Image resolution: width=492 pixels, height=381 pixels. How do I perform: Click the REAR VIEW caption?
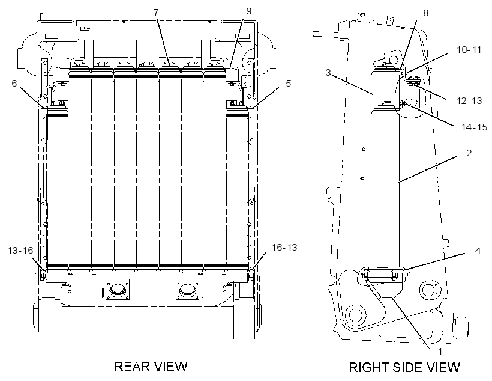pos(151,366)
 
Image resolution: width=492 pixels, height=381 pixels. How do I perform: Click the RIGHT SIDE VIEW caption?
pos(404,367)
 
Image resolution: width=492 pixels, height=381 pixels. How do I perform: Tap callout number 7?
pos(156,12)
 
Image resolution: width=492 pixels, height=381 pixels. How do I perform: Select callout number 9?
pos(249,11)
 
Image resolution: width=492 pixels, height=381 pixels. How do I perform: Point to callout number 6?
pos(14,84)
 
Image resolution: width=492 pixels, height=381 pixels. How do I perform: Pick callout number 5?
pos(289,84)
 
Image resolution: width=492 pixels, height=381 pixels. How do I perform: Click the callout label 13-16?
pos(21,250)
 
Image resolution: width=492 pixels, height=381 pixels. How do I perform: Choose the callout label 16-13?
pos(284,248)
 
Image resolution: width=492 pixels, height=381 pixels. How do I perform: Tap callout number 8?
pos(426,13)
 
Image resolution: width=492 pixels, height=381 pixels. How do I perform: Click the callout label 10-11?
pos(469,50)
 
